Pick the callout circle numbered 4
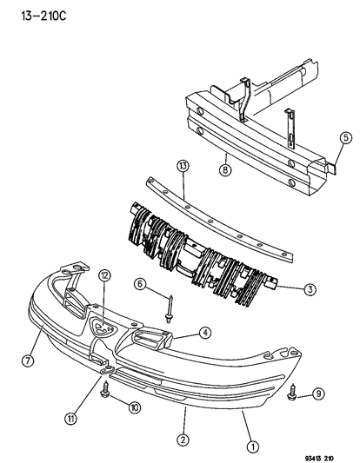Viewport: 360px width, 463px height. point(204,331)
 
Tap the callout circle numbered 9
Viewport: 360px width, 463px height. point(319,394)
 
